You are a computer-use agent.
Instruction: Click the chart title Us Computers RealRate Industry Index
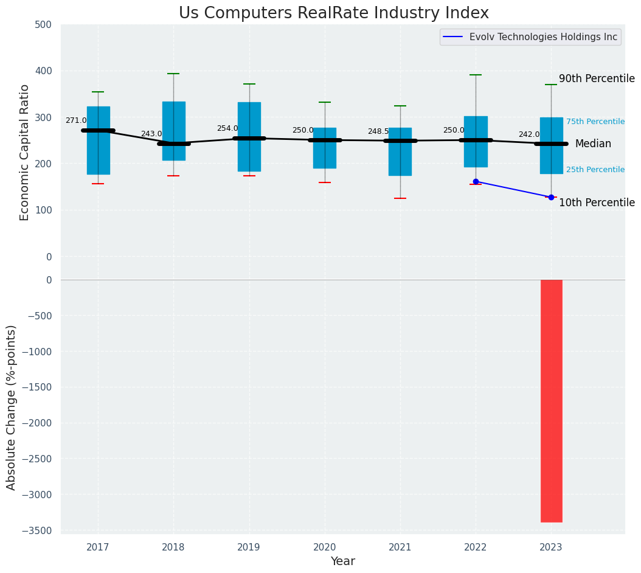point(333,13)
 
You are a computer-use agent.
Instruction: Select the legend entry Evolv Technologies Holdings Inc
point(543,37)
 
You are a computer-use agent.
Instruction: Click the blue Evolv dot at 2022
point(476,182)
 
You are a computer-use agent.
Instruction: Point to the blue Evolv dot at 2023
point(551,197)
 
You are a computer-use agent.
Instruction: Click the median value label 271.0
point(76,121)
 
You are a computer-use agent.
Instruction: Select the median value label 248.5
point(378,132)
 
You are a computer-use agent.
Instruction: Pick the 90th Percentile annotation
point(597,79)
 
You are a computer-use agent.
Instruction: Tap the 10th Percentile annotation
point(597,203)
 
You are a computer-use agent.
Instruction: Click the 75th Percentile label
point(595,122)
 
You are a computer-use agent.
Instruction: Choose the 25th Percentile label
point(595,170)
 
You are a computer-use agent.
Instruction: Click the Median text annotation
point(593,144)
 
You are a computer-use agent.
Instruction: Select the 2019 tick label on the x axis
point(249,547)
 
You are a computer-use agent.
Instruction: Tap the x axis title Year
point(342,561)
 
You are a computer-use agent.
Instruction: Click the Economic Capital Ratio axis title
point(25,152)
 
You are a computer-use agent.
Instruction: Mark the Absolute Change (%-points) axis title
point(12,407)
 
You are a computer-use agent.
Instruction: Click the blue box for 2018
point(173,131)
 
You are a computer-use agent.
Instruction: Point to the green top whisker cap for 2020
point(325,102)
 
